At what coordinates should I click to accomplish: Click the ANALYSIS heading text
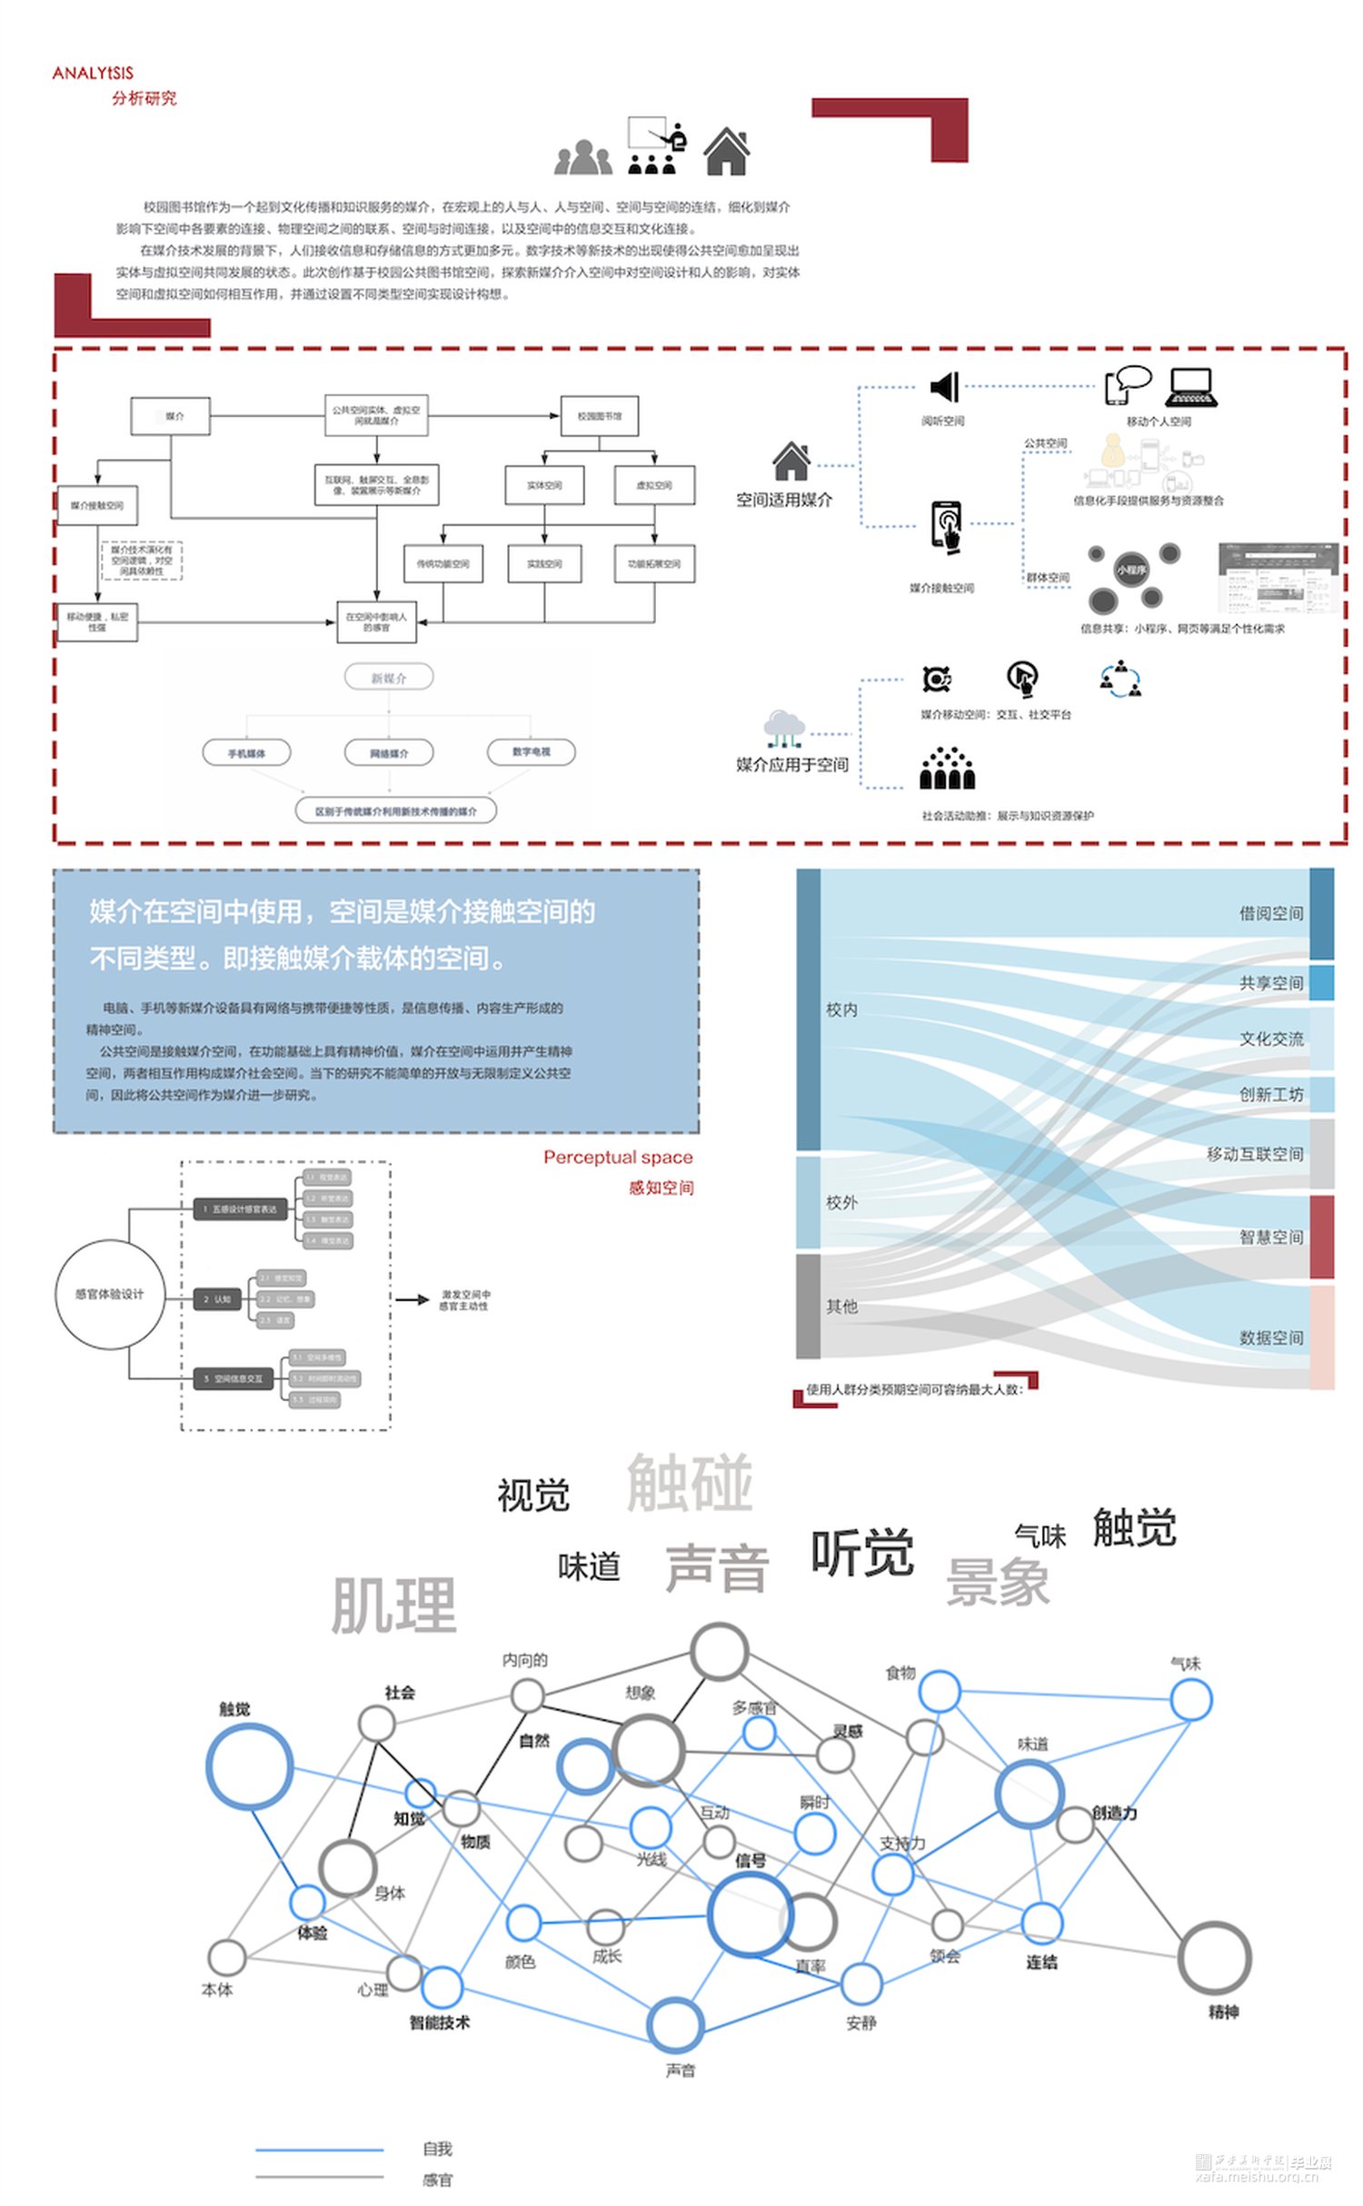[x=93, y=74]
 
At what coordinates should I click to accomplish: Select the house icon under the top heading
[x=726, y=151]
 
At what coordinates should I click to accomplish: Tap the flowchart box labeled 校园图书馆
[x=599, y=416]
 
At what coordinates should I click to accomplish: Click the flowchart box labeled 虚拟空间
[x=654, y=485]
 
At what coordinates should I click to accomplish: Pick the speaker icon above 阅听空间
[x=945, y=387]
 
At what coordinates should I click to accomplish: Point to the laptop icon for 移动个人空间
[x=1191, y=386]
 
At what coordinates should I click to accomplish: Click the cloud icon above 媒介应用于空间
[x=784, y=727]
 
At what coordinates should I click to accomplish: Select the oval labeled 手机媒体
[x=246, y=753]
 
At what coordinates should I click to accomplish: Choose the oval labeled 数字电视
[x=531, y=751]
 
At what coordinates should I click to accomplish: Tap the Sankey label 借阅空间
[x=1270, y=913]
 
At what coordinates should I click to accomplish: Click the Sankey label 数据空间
[x=1270, y=1337]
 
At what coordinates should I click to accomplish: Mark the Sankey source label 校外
[x=841, y=1202]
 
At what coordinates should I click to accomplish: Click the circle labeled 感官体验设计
[x=110, y=1294]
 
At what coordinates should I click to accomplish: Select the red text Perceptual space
[x=618, y=1157]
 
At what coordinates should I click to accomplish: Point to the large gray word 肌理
[x=393, y=1605]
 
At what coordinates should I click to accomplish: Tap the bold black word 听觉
[x=862, y=1553]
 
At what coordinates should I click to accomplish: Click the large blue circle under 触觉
[x=249, y=1767]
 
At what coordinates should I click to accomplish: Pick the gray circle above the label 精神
[x=1214, y=1958]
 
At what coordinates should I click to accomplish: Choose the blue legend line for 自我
[x=319, y=2150]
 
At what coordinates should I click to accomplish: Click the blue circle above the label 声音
[x=675, y=2025]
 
